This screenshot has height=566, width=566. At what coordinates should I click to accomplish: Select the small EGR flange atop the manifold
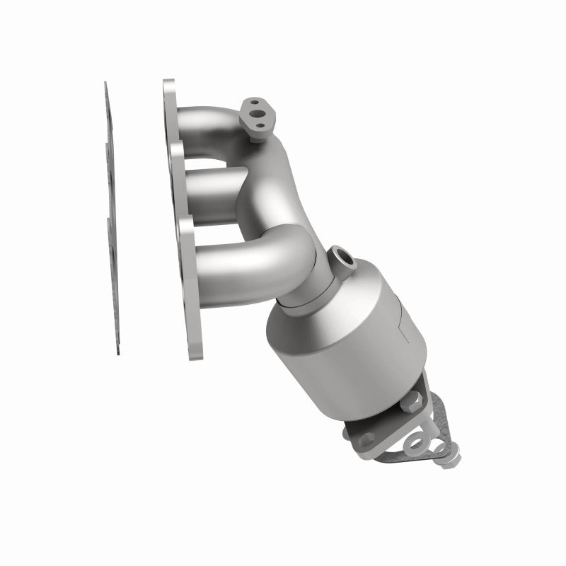click(x=255, y=116)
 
